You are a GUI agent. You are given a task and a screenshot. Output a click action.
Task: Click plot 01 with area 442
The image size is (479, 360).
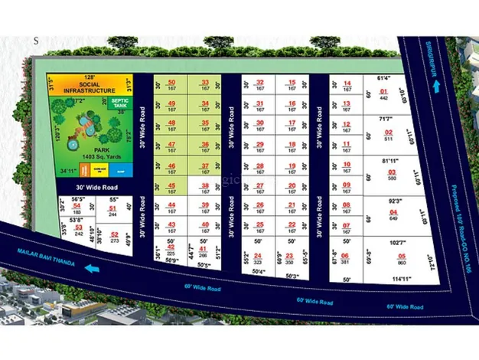[385, 95]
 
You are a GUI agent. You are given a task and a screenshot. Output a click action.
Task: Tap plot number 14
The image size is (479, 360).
[347, 85]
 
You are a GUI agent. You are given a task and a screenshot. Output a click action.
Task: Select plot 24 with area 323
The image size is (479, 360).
[258, 258]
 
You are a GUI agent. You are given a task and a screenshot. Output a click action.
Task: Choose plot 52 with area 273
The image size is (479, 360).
[114, 237]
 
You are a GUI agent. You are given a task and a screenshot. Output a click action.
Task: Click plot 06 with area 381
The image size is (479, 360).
[345, 258]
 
